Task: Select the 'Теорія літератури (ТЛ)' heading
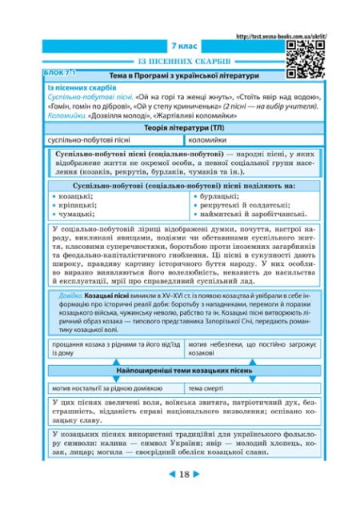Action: point(183,127)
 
